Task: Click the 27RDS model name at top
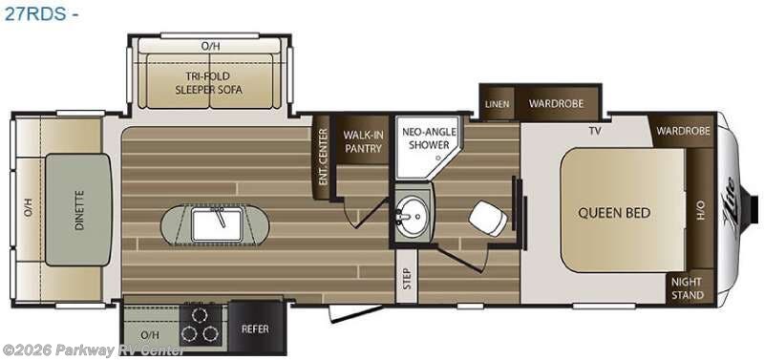click(34, 13)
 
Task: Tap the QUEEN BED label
click(614, 213)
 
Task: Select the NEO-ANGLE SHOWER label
click(429, 138)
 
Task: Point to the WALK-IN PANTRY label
click(363, 141)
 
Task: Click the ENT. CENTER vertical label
click(323, 157)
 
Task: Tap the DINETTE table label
click(80, 210)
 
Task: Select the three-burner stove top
click(201, 324)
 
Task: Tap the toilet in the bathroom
click(488, 219)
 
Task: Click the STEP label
click(407, 279)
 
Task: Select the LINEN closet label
click(497, 104)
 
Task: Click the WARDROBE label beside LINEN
click(556, 103)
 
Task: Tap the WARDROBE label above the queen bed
click(683, 131)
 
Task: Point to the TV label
click(594, 131)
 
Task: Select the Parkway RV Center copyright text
click(94, 349)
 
